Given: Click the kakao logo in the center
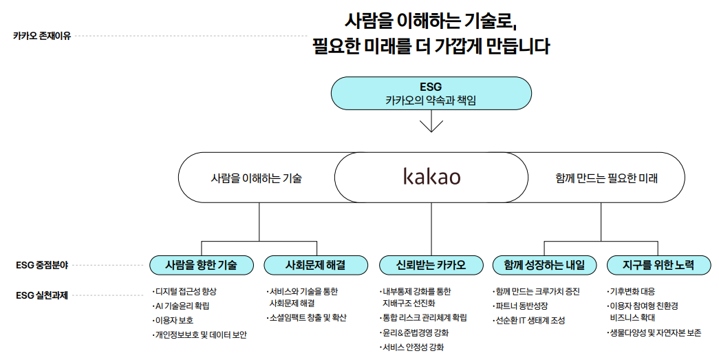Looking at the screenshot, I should (x=431, y=177).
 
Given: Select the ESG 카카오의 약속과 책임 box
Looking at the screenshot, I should (x=431, y=93).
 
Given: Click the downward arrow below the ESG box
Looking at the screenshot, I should (x=431, y=123).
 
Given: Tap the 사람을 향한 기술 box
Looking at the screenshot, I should (x=202, y=264).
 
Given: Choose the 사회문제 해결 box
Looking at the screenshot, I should (x=316, y=264).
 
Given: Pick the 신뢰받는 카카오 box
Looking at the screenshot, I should (x=431, y=264).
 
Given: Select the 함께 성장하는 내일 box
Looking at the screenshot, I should (x=544, y=264).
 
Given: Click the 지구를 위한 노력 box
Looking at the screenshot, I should (x=658, y=264).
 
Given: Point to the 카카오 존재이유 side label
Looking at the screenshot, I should (x=42, y=36).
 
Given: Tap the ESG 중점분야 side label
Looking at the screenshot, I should (x=42, y=264).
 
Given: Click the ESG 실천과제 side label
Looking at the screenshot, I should (x=42, y=295).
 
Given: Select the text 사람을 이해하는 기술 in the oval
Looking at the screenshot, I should (x=256, y=178).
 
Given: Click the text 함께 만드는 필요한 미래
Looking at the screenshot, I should (x=606, y=178).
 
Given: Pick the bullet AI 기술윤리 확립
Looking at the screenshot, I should (x=182, y=306).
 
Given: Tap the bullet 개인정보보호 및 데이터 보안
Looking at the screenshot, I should (x=200, y=335).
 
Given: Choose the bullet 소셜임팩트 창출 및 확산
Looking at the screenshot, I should (x=308, y=317).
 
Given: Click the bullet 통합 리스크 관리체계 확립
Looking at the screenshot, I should (x=425, y=317).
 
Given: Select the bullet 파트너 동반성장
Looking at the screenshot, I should (x=522, y=306).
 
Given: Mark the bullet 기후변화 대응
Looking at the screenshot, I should (x=633, y=291).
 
